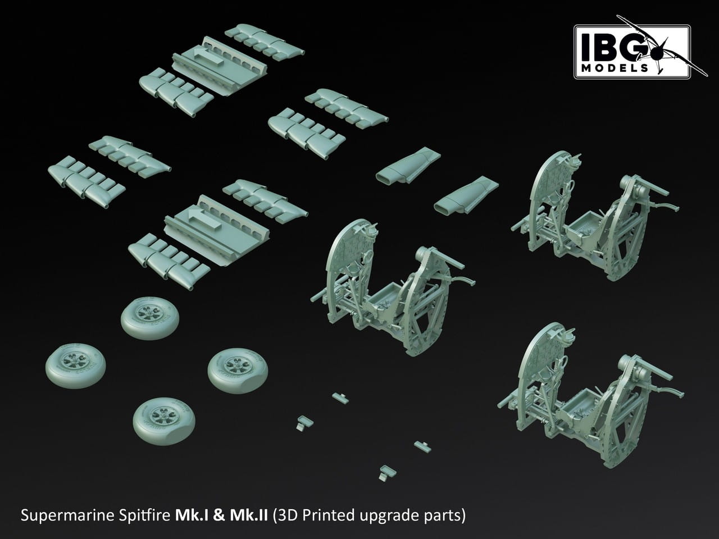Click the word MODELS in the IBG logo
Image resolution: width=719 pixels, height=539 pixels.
coord(615,68)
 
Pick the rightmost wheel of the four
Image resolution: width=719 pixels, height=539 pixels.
coord(238,371)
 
